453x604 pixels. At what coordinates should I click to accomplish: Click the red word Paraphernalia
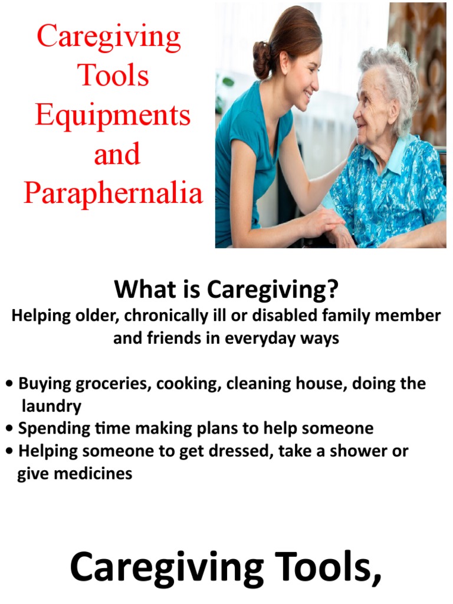point(113,193)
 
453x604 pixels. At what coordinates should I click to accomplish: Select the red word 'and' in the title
point(117,154)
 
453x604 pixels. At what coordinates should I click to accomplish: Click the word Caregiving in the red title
point(109,37)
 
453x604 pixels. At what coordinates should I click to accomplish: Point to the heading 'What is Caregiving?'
point(226,290)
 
